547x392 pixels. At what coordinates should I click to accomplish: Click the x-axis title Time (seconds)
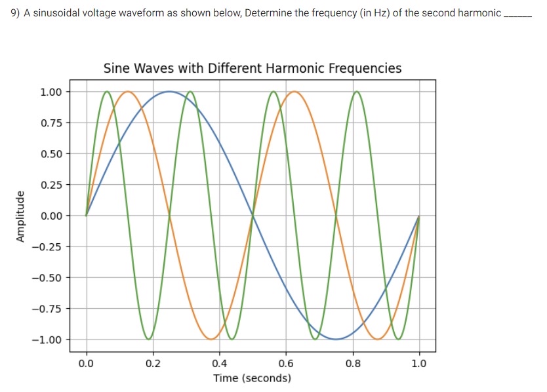[x=253, y=378]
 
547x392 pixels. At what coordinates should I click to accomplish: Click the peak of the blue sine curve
[x=169, y=92]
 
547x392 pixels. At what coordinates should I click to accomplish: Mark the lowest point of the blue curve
[x=336, y=339]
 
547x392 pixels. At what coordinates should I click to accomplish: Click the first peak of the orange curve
[x=128, y=92]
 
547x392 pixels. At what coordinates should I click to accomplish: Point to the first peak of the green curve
[x=107, y=92]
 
